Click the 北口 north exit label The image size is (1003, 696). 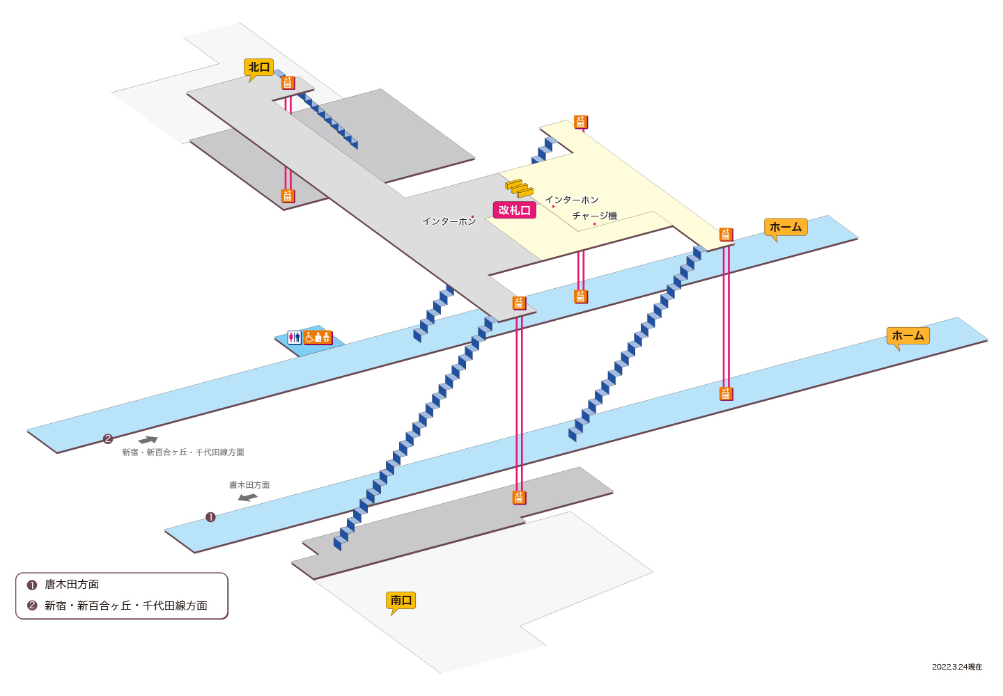pyautogui.click(x=259, y=68)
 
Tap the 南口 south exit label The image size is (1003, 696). pyautogui.click(x=401, y=600)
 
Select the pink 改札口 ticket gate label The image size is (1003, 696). pyautogui.click(x=515, y=209)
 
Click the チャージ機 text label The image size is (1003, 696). pyautogui.click(x=595, y=216)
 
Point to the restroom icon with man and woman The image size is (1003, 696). pyautogui.click(x=294, y=338)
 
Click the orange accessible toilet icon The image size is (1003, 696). pyautogui.click(x=318, y=338)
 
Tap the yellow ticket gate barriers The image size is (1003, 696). pyautogui.click(x=520, y=189)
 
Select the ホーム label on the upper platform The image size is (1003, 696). pyautogui.click(x=786, y=227)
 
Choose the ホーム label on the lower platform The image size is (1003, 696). pyautogui.click(x=908, y=336)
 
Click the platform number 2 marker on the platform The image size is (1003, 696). pyautogui.click(x=107, y=438)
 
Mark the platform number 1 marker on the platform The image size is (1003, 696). pyautogui.click(x=210, y=518)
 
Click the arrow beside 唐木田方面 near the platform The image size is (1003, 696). pyautogui.click(x=248, y=498)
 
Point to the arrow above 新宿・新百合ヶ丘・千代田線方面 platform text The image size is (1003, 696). pyautogui.click(x=148, y=440)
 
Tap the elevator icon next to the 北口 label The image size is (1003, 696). pyautogui.click(x=288, y=83)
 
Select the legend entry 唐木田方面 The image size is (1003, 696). pyautogui.click(x=72, y=584)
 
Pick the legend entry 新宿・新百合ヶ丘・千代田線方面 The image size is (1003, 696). pyautogui.click(x=126, y=606)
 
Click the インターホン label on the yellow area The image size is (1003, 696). pyautogui.click(x=572, y=200)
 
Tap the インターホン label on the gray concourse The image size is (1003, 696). pyautogui.click(x=449, y=221)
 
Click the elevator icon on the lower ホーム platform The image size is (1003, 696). pyautogui.click(x=726, y=394)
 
